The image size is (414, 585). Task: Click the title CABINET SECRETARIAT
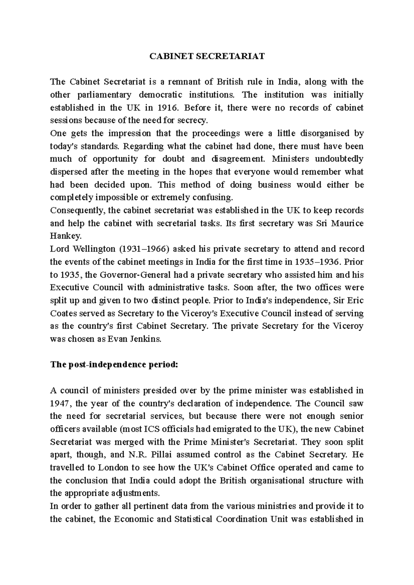207,57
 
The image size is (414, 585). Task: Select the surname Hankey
61,236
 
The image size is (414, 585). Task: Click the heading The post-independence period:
114,365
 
